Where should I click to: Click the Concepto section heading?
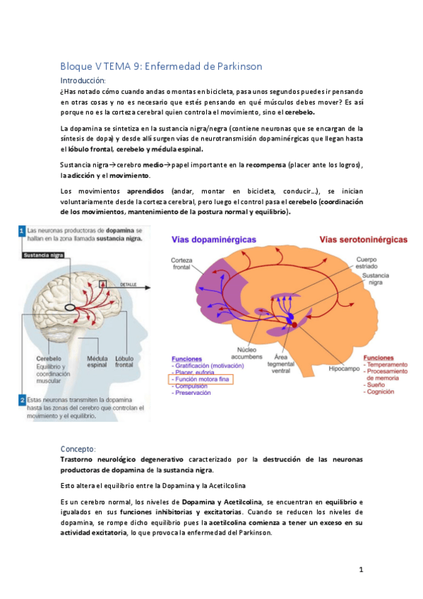tap(82, 449)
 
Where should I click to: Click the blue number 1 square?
tap(22, 230)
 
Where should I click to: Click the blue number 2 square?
tap(22, 400)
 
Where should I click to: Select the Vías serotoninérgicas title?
tap(363, 240)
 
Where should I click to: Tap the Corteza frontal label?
tap(181, 264)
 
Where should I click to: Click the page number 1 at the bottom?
tap(360, 569)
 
